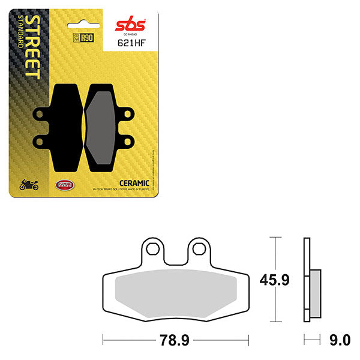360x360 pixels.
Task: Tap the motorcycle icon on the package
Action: point(29,185)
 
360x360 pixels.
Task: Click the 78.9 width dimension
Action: point(175,341)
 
